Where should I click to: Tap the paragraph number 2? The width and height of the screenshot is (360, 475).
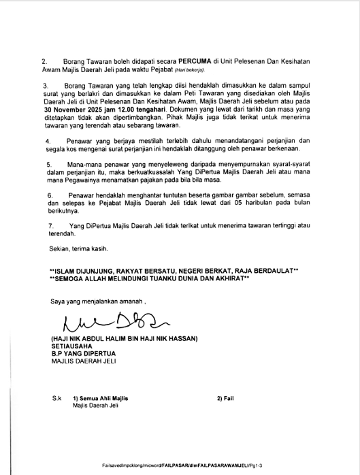44,61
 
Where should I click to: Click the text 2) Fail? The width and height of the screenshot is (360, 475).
225,397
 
